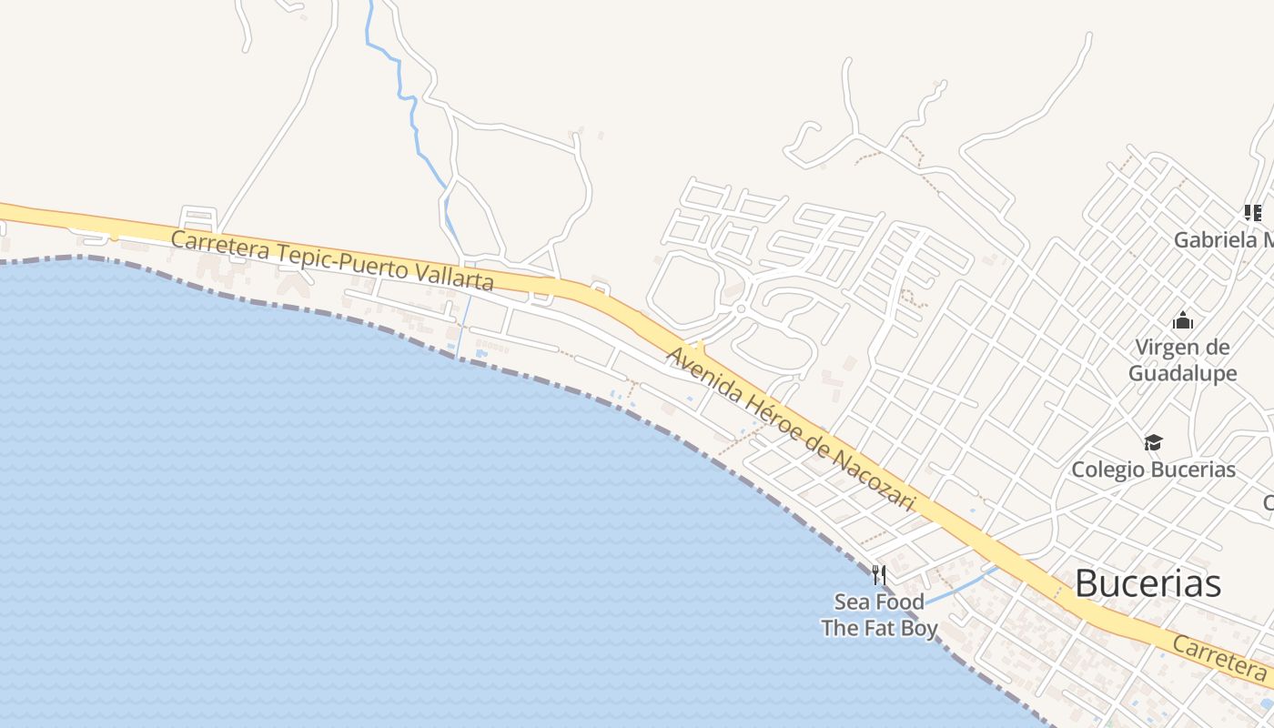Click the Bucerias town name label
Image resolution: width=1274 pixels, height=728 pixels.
1148,583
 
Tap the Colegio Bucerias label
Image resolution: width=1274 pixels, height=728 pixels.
1153,470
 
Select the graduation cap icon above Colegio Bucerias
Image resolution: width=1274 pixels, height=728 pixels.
1153,442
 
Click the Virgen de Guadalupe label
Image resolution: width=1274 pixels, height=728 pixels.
1182,360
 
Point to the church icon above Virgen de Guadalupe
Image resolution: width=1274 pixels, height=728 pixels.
1183,320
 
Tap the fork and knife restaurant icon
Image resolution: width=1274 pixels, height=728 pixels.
878,574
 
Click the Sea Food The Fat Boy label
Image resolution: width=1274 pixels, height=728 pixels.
879,615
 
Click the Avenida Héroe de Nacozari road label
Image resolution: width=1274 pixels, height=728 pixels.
791,428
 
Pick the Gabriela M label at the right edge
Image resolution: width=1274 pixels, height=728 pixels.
1223,240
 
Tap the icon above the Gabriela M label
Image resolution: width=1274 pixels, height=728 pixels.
1253,213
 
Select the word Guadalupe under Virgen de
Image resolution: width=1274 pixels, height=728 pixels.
1182,373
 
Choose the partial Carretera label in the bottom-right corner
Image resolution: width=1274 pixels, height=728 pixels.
1219,659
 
